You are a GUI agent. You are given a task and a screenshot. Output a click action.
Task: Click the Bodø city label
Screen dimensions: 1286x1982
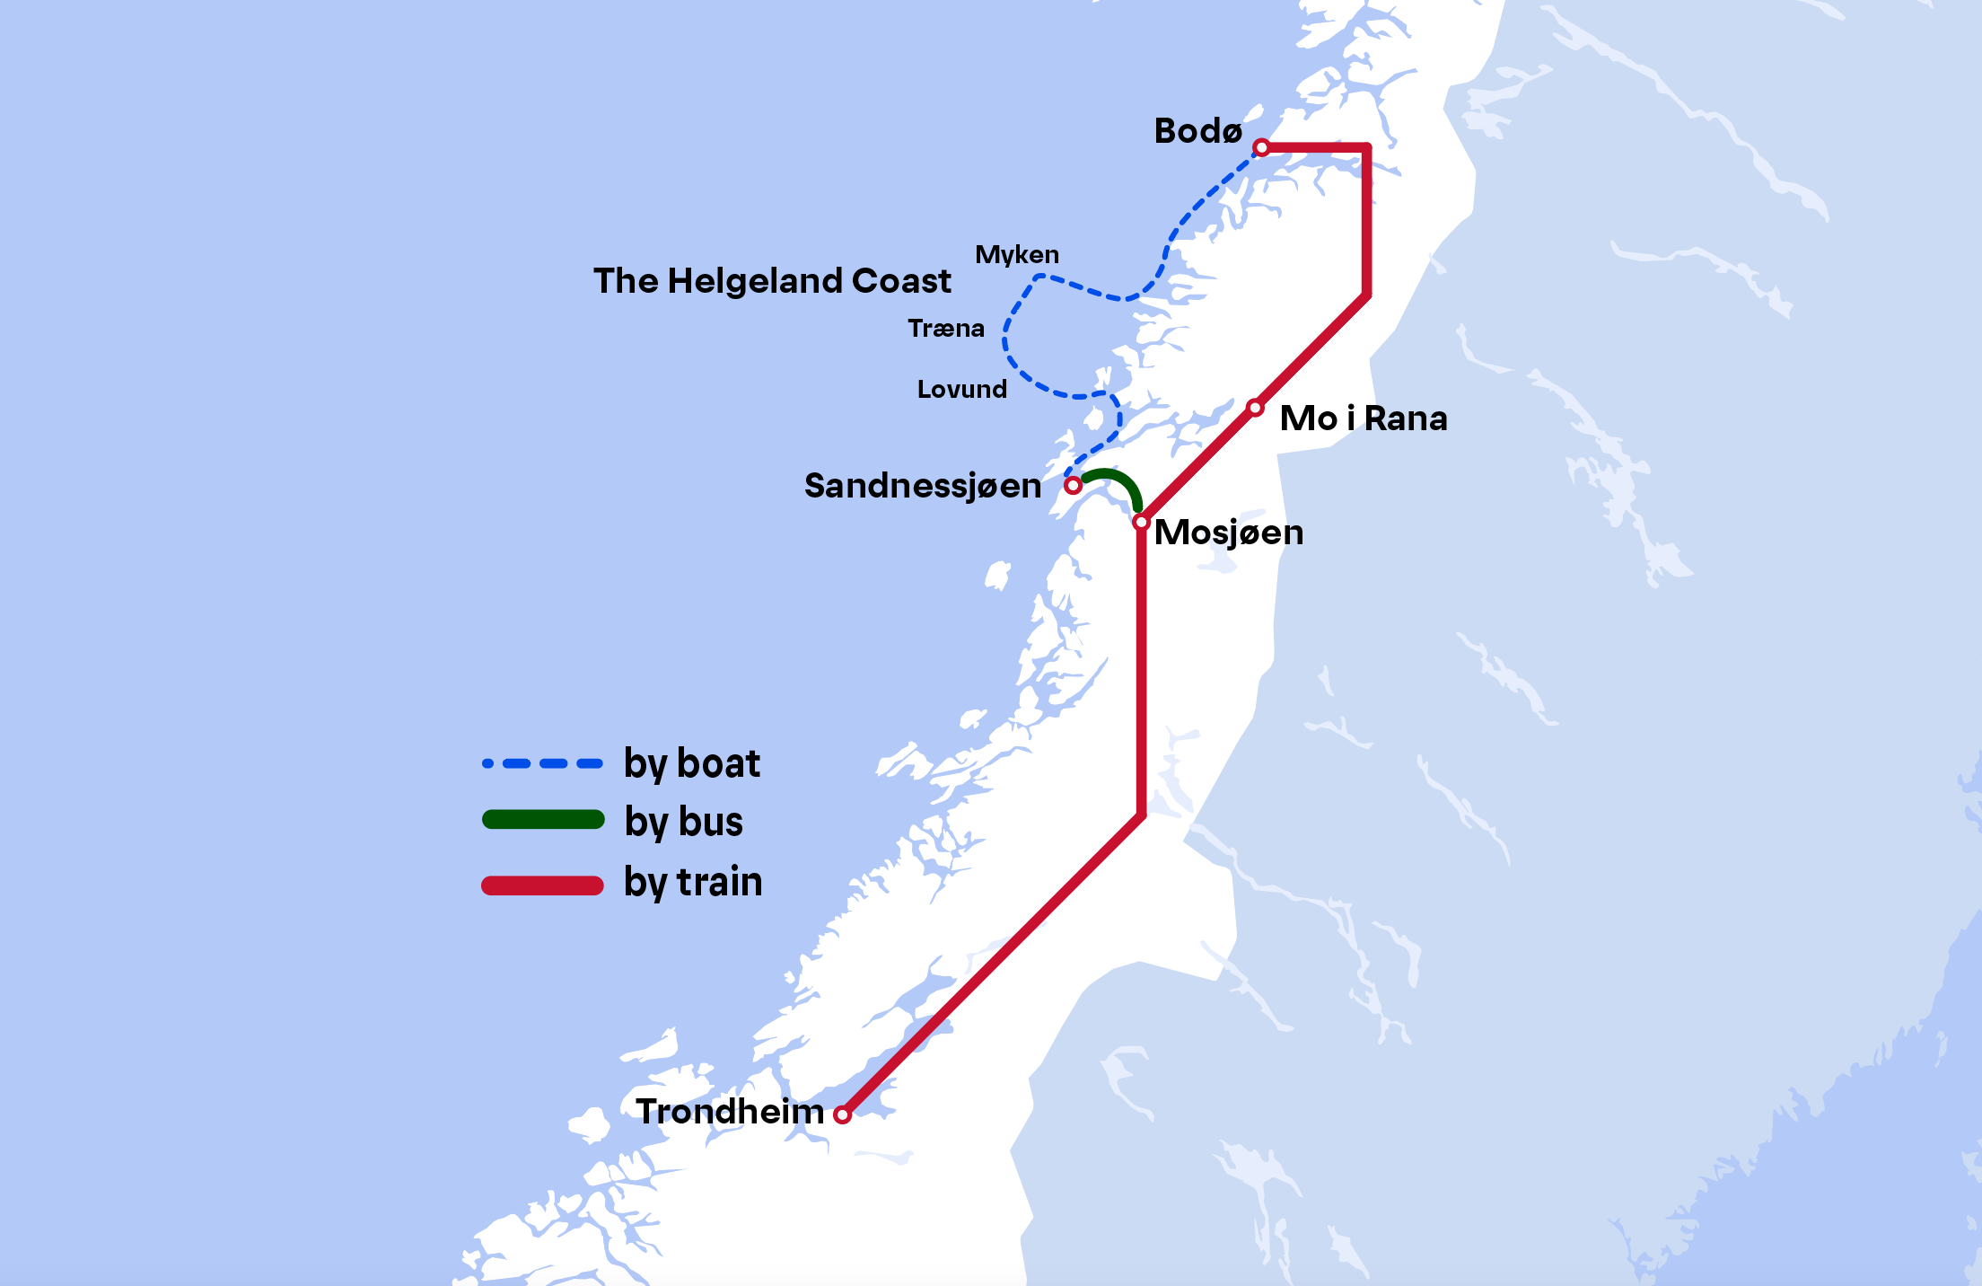coord(1197,131)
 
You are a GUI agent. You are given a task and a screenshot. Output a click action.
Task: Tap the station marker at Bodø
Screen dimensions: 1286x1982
coord(1261,147)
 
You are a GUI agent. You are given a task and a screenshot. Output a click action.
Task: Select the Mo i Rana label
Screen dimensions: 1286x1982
coord(1363,418)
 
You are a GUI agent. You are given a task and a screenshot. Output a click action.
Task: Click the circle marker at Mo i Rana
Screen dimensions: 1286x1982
coord(1256,409)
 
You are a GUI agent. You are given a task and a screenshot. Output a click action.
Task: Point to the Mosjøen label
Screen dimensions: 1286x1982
coord(1228,533)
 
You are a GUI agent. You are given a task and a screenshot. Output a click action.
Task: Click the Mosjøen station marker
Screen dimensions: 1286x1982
coord(1141,522)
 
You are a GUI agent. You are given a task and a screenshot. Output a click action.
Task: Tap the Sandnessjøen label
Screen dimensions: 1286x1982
coord(923,486)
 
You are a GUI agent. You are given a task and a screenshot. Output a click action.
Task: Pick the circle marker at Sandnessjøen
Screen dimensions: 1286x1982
coord(1073,486)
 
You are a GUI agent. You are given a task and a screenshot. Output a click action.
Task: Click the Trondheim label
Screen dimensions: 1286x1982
coord(729,1112)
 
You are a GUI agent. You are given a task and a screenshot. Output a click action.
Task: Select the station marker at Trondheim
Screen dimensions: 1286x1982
coord(842,1115)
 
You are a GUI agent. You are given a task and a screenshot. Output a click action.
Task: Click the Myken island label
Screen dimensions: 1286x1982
coord(1017,255)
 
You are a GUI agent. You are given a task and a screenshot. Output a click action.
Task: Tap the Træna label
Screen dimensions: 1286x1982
coord(945,329)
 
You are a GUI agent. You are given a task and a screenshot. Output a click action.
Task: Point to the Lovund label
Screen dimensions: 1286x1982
coord(961,390)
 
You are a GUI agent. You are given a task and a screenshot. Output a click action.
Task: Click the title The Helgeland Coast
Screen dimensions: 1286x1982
coord(772,281)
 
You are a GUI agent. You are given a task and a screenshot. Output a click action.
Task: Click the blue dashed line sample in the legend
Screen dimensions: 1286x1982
coord(542,764)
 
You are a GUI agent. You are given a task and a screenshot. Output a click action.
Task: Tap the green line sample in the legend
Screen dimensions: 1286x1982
coord(543,820)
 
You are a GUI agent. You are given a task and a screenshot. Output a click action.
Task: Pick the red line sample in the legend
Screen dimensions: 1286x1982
coord(542,885)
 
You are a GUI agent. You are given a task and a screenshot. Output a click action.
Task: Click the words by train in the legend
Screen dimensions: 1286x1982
coord(693,882)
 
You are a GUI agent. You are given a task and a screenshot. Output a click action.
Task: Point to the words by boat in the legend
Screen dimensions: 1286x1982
coord(691,764)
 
